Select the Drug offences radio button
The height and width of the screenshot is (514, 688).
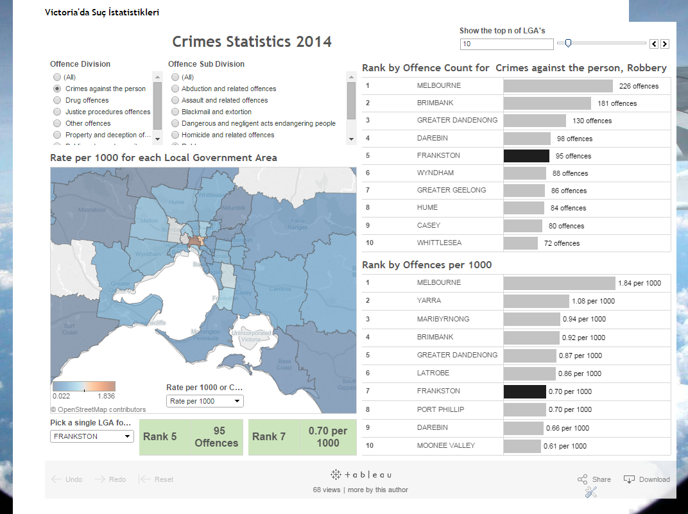click(x=57, y=100)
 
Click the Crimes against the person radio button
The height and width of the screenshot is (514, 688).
click(x=57, y=89)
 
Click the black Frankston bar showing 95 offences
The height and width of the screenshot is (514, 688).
click(x=526, y=155)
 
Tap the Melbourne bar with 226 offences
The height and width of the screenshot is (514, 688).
click(x=558, y=85)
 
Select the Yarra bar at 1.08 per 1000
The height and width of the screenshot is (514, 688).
click(x=536, y=301)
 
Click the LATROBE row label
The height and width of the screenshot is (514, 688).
click(x=433, y=373)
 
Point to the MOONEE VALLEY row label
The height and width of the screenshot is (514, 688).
click(x=442, y=445)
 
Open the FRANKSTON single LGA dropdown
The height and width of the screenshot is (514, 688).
click(x=92, y=436)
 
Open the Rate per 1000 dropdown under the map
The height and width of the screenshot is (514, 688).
click(x=205, y=401)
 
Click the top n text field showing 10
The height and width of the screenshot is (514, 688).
click(x=506, y=44)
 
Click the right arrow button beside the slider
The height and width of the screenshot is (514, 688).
click(x=665, y=44)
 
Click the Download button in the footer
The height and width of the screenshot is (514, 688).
click(x=647, y=479)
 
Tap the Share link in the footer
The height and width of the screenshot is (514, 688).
click(x=594, y=479)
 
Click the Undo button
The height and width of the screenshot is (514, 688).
click(x=67, y=479)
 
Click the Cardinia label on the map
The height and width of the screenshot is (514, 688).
click(x=280, y=289)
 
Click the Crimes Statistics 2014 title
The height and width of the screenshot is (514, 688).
click(x=252, y=42)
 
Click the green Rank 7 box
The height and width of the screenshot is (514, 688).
click(x=302, y=437)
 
